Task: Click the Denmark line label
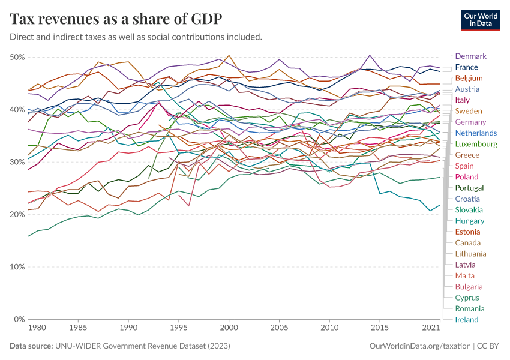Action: (x=471, y=56)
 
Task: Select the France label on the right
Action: (x=466, y=67)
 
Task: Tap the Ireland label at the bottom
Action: (x=467, y=320)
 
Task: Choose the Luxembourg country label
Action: (x=476, y=144)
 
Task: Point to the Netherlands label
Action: (x=476, y=133)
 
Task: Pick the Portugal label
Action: (x=469, y=188)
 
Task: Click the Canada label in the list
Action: (x=467, y=243)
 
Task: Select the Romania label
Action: (x=470, y=309)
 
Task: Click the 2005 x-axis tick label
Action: (x=279, y=329)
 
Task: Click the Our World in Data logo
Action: (x=481, y=19)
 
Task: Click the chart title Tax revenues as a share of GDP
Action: (x=116, y=19)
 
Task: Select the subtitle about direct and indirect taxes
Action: (x=136, y=37)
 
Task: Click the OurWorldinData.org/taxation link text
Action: (x=419, y=346)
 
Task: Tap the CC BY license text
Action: (x=488, y=346)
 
